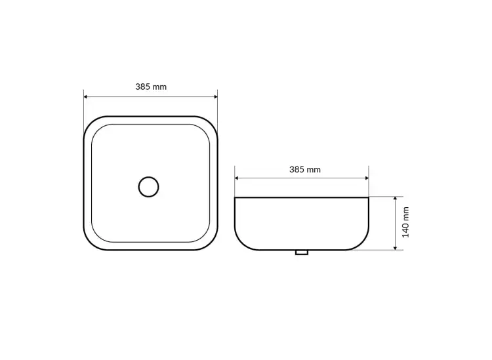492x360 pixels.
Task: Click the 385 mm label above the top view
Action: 151,87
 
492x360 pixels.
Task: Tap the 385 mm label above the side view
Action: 305,170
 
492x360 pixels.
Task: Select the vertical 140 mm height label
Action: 405,222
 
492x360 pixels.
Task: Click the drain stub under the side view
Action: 302,252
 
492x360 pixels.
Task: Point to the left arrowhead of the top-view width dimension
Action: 86,97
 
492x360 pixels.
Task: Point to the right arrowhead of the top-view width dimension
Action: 216,97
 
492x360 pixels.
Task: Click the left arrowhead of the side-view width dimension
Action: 237,178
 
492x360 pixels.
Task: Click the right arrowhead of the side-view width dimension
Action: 367,178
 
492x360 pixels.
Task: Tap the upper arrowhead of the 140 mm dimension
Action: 396,199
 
